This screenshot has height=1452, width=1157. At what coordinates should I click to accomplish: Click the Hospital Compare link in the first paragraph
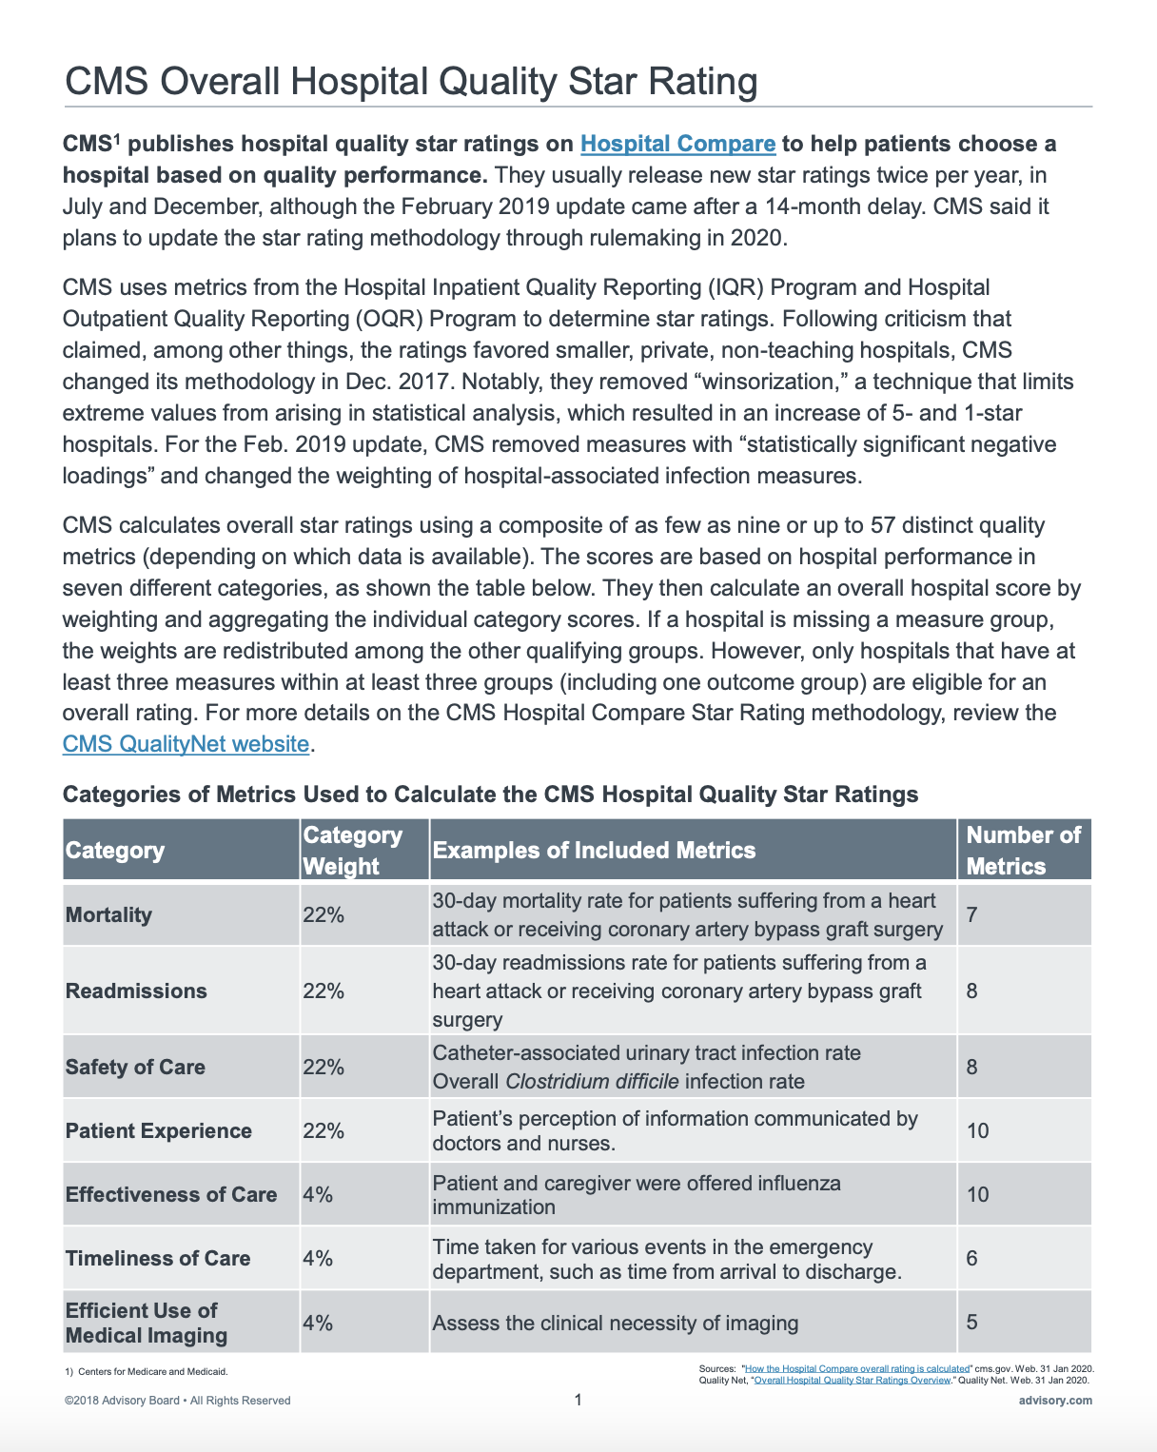coord(677,144)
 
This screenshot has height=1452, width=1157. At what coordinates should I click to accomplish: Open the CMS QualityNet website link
coord(186,744)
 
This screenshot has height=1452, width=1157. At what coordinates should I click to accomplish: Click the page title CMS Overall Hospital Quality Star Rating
coord(411,82)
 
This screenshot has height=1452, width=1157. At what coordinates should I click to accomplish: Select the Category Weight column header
coord(352,850)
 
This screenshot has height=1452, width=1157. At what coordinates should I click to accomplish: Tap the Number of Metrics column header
coord(1023,850)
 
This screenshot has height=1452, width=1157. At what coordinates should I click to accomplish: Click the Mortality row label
coord(108,915)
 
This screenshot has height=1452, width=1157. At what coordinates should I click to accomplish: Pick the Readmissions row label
coord(136,991)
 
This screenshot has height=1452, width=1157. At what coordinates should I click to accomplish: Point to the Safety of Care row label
coord(135,1068)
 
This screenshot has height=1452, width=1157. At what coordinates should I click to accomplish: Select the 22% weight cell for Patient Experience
coord(324,1131)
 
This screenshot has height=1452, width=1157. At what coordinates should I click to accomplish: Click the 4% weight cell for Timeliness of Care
coord(318,1259)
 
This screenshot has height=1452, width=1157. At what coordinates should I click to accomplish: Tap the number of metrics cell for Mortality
coord(971,915)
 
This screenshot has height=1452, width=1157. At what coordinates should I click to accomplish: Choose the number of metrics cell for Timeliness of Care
coord(971,1259)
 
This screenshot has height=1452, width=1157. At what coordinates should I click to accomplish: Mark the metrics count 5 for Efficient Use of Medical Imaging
coord(971,1323)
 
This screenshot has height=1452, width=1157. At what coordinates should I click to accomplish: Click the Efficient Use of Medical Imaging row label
coord(146,1323)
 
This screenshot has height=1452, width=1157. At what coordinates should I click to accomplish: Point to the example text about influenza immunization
coord(637,1195)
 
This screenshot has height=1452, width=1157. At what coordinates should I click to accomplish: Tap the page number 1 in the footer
coord(578,1400)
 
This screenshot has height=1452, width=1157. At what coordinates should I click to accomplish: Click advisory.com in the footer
coord(1055,1401)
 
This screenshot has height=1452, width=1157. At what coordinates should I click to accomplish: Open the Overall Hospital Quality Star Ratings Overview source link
coord(853,1380)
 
